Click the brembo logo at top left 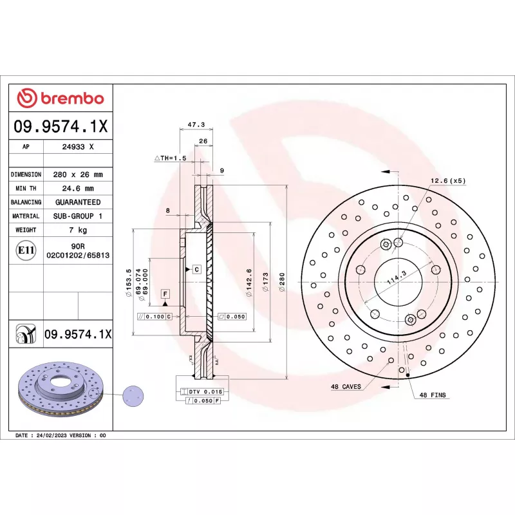tap(60, 98)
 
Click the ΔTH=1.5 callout tap(170, 158)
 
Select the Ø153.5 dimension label tap(129, 280)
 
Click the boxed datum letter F tap(165, 294)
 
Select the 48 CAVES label tap(346, 387)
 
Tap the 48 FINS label tap(433, 395)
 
